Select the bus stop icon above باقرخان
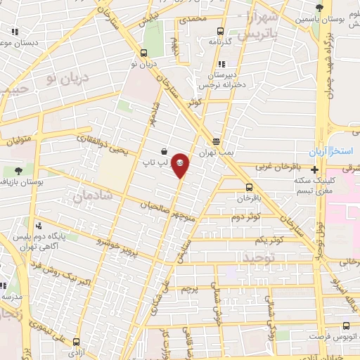point(249,186)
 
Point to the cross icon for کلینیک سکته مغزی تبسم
point(314,169)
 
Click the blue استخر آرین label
point(327,153)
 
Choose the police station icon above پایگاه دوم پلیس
point(39,226)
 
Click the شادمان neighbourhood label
point(87,198)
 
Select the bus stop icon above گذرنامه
point(220,31)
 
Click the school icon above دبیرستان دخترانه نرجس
point(222,64)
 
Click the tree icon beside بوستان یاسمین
point(320,8)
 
